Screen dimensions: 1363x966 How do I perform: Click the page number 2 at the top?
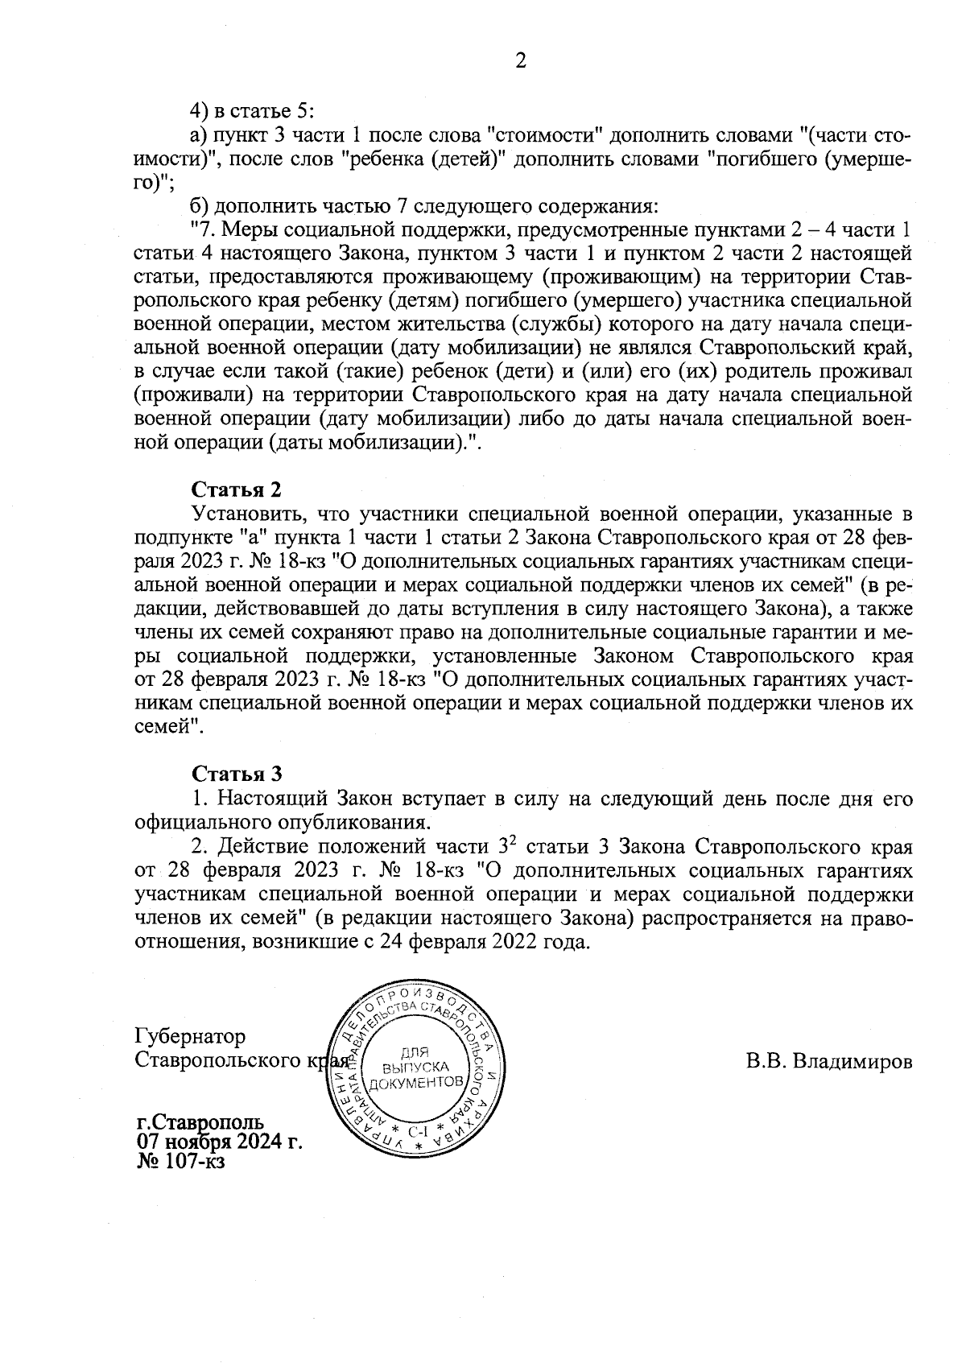point(521,61)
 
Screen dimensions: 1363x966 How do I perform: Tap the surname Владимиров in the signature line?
point(852,1060)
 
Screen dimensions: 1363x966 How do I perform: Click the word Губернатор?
point(191,1035)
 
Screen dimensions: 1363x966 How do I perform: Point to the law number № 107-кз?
point(181,1162)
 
